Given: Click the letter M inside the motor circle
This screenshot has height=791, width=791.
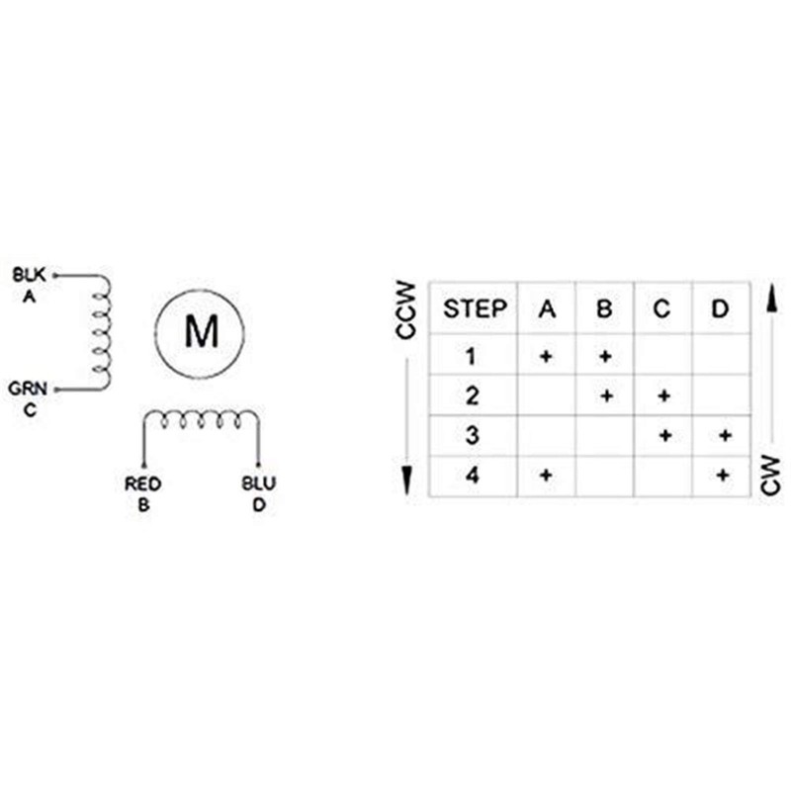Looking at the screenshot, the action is pos(202,331).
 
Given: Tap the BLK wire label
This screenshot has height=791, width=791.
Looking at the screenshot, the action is pos(29,275).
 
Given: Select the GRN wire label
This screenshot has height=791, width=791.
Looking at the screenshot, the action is pos(28,389).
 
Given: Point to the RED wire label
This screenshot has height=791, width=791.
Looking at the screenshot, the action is pos(142,483).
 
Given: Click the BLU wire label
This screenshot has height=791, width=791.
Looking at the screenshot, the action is pos(259,483).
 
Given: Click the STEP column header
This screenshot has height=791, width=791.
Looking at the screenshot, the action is pos(475,308).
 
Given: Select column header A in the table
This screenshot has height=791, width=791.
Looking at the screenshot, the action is pos(547,308).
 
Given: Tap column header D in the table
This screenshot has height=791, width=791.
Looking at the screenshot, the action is pos(720,308).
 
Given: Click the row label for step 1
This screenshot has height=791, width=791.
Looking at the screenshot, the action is pos(471,357).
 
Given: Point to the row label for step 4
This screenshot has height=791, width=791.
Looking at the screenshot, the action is pos(473,476).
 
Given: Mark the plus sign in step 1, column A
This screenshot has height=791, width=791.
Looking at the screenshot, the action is pos(546,357).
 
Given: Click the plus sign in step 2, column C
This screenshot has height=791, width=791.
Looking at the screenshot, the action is pos(663,396).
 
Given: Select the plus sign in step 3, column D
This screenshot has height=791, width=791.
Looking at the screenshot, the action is pos(725,435).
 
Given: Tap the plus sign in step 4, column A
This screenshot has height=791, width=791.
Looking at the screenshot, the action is pos(546,475).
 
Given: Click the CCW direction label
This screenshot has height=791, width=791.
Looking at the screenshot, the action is pos(406,309).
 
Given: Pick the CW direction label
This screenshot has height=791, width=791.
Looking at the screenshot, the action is pos(770,475).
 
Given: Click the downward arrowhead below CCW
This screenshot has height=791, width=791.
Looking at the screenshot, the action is pos(406,481).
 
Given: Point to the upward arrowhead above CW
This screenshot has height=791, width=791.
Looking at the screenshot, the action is pos(771,299).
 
